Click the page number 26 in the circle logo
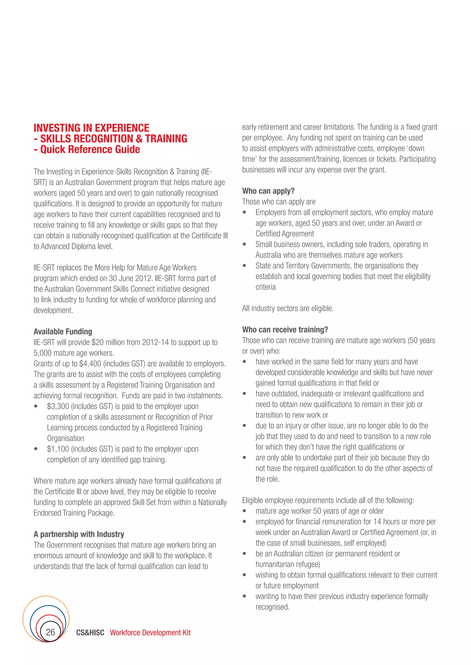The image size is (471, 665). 50,632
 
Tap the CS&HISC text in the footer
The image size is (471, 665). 90,633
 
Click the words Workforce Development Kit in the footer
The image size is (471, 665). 150,633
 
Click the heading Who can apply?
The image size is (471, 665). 268,191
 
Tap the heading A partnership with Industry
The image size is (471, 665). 79,534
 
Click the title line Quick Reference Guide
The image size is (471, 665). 90,149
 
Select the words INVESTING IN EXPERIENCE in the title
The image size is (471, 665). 91,128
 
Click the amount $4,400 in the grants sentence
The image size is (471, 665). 90,364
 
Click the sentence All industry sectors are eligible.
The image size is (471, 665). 288,308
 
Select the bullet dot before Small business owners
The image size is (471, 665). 244,244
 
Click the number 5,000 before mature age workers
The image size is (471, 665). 42,353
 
